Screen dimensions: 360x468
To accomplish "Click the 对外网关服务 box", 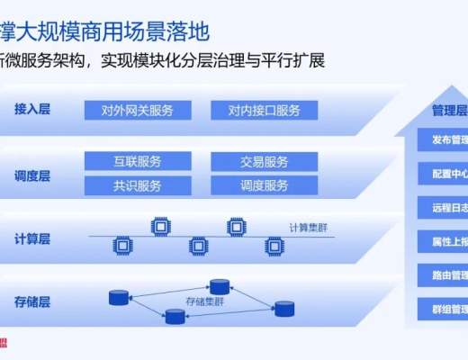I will click(138, 111).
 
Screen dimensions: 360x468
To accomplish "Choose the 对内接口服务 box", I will click(264, 111).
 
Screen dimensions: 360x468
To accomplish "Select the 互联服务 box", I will click(138, 162).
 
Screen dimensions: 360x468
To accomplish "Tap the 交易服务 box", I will click(264, 162).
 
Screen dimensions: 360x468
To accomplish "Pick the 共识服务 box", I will click(138, 185).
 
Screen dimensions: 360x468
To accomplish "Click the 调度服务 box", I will click(264, 185).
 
